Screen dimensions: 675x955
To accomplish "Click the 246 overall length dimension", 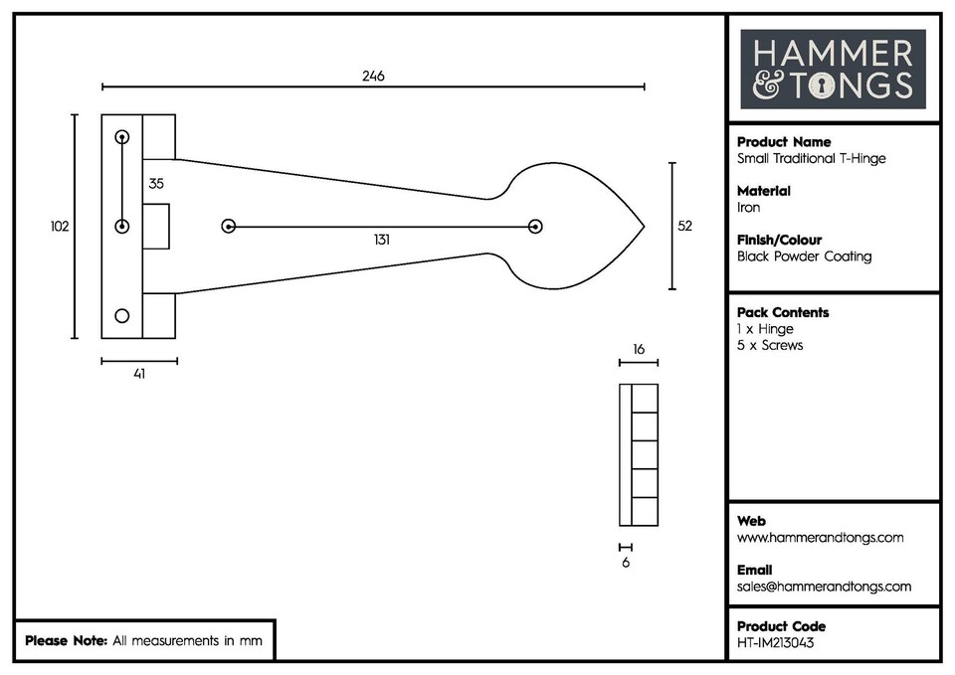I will point(373,76).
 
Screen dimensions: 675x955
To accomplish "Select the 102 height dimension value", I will point(60,227).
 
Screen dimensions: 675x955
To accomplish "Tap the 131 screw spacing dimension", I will point(382,240).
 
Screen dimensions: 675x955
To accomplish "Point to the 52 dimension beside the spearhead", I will point(684,227).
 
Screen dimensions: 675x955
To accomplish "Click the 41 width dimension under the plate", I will point(139,374).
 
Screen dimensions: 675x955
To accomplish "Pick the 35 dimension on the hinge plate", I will point(156,184).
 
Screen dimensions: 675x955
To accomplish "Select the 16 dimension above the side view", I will point(639,350).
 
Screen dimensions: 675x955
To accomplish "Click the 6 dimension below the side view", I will point(625,562).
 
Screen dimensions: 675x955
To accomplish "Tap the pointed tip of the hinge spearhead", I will point(644,227).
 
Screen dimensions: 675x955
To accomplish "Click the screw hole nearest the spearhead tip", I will point(535,227).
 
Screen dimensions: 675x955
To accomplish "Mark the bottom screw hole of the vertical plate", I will point(122,316).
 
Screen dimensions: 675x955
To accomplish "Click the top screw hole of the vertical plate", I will point(122,136).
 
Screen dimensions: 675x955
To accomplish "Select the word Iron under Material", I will point(748,208).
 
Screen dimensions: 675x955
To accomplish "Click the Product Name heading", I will point(784,142).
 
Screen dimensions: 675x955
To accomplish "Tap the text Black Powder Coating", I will point(804,256).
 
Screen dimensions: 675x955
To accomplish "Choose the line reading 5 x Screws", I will point(770,345).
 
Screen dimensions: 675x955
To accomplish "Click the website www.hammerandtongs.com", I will point(820,538).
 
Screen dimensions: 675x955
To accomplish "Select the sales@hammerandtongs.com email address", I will point(824,587).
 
